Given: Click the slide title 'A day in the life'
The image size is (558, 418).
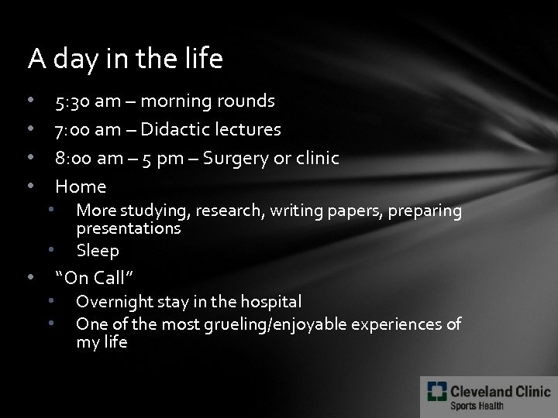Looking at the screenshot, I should click(125, 58).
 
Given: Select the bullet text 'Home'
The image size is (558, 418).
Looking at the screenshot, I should click(81, 186).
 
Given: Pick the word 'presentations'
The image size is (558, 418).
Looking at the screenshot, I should click(128, 229).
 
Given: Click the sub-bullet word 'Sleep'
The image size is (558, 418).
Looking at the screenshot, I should click(98, 251).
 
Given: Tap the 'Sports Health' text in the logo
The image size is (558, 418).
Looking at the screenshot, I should click(478, 406).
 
